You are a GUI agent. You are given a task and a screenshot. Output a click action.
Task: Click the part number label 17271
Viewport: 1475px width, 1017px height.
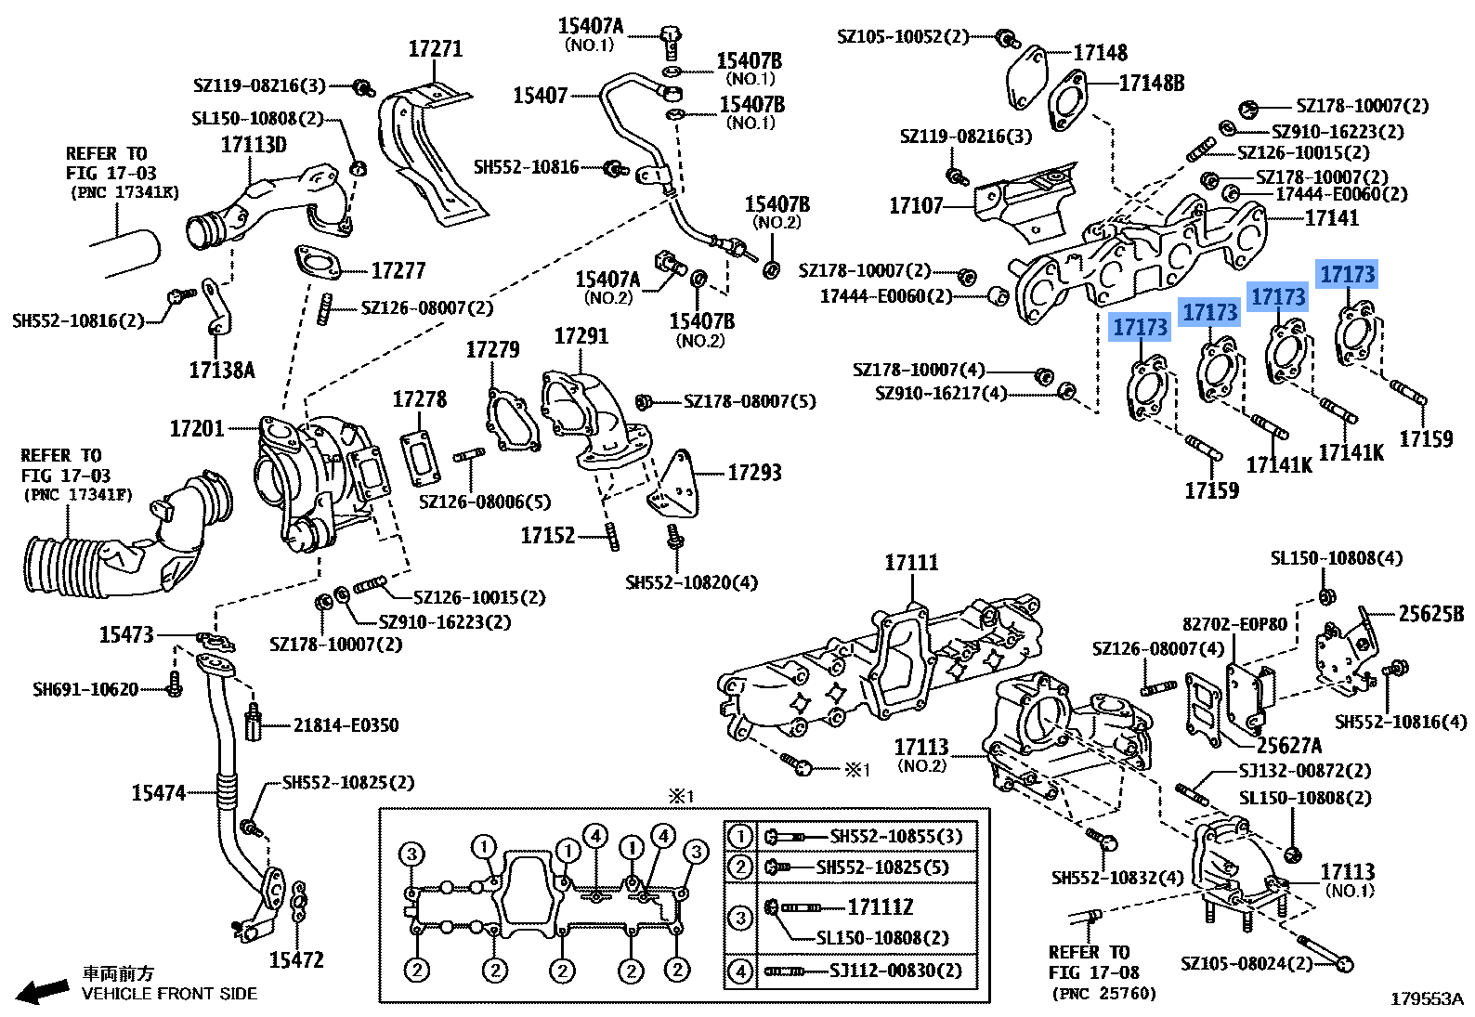point(435,48)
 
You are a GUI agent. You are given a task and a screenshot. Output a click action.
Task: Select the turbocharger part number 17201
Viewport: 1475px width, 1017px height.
point(197,428)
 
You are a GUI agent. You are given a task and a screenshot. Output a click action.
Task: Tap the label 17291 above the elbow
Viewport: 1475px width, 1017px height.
point(581,335)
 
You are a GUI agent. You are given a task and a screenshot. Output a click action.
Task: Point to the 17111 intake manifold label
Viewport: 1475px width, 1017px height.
point(911,562)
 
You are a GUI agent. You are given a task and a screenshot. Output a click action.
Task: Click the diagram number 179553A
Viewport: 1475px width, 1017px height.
point(1427,999)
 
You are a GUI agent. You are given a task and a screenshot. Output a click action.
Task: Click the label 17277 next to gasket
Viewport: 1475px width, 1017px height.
point(398,270)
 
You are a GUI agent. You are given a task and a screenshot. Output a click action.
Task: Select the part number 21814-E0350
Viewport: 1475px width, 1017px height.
point(346,724)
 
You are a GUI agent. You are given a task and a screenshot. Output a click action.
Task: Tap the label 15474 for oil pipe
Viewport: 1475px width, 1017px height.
point(158,792)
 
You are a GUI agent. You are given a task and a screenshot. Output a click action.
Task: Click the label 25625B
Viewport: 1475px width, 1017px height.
point(1430,613)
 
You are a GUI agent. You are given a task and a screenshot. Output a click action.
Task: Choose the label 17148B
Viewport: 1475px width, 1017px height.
point(1152,84)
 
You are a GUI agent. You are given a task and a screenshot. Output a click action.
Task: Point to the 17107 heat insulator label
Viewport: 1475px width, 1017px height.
point(916,205)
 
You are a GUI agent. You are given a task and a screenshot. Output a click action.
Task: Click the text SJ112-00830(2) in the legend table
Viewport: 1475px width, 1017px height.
point(895,971)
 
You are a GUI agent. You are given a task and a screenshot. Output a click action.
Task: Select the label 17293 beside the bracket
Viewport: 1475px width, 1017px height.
point(754,473)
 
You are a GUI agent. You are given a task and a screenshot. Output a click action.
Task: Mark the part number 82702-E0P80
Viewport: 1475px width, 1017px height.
point(1234,624)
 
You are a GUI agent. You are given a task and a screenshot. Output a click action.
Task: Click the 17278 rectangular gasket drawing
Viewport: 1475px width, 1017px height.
point(420,457)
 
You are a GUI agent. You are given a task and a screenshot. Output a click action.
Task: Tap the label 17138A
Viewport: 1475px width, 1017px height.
point(221,370)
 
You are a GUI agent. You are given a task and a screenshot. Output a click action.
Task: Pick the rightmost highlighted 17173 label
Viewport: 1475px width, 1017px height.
point(1347,274)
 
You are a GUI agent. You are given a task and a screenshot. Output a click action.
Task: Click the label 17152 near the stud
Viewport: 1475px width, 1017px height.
point(547,535)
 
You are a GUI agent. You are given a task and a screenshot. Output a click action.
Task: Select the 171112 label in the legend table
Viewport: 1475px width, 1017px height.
point(880,906)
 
